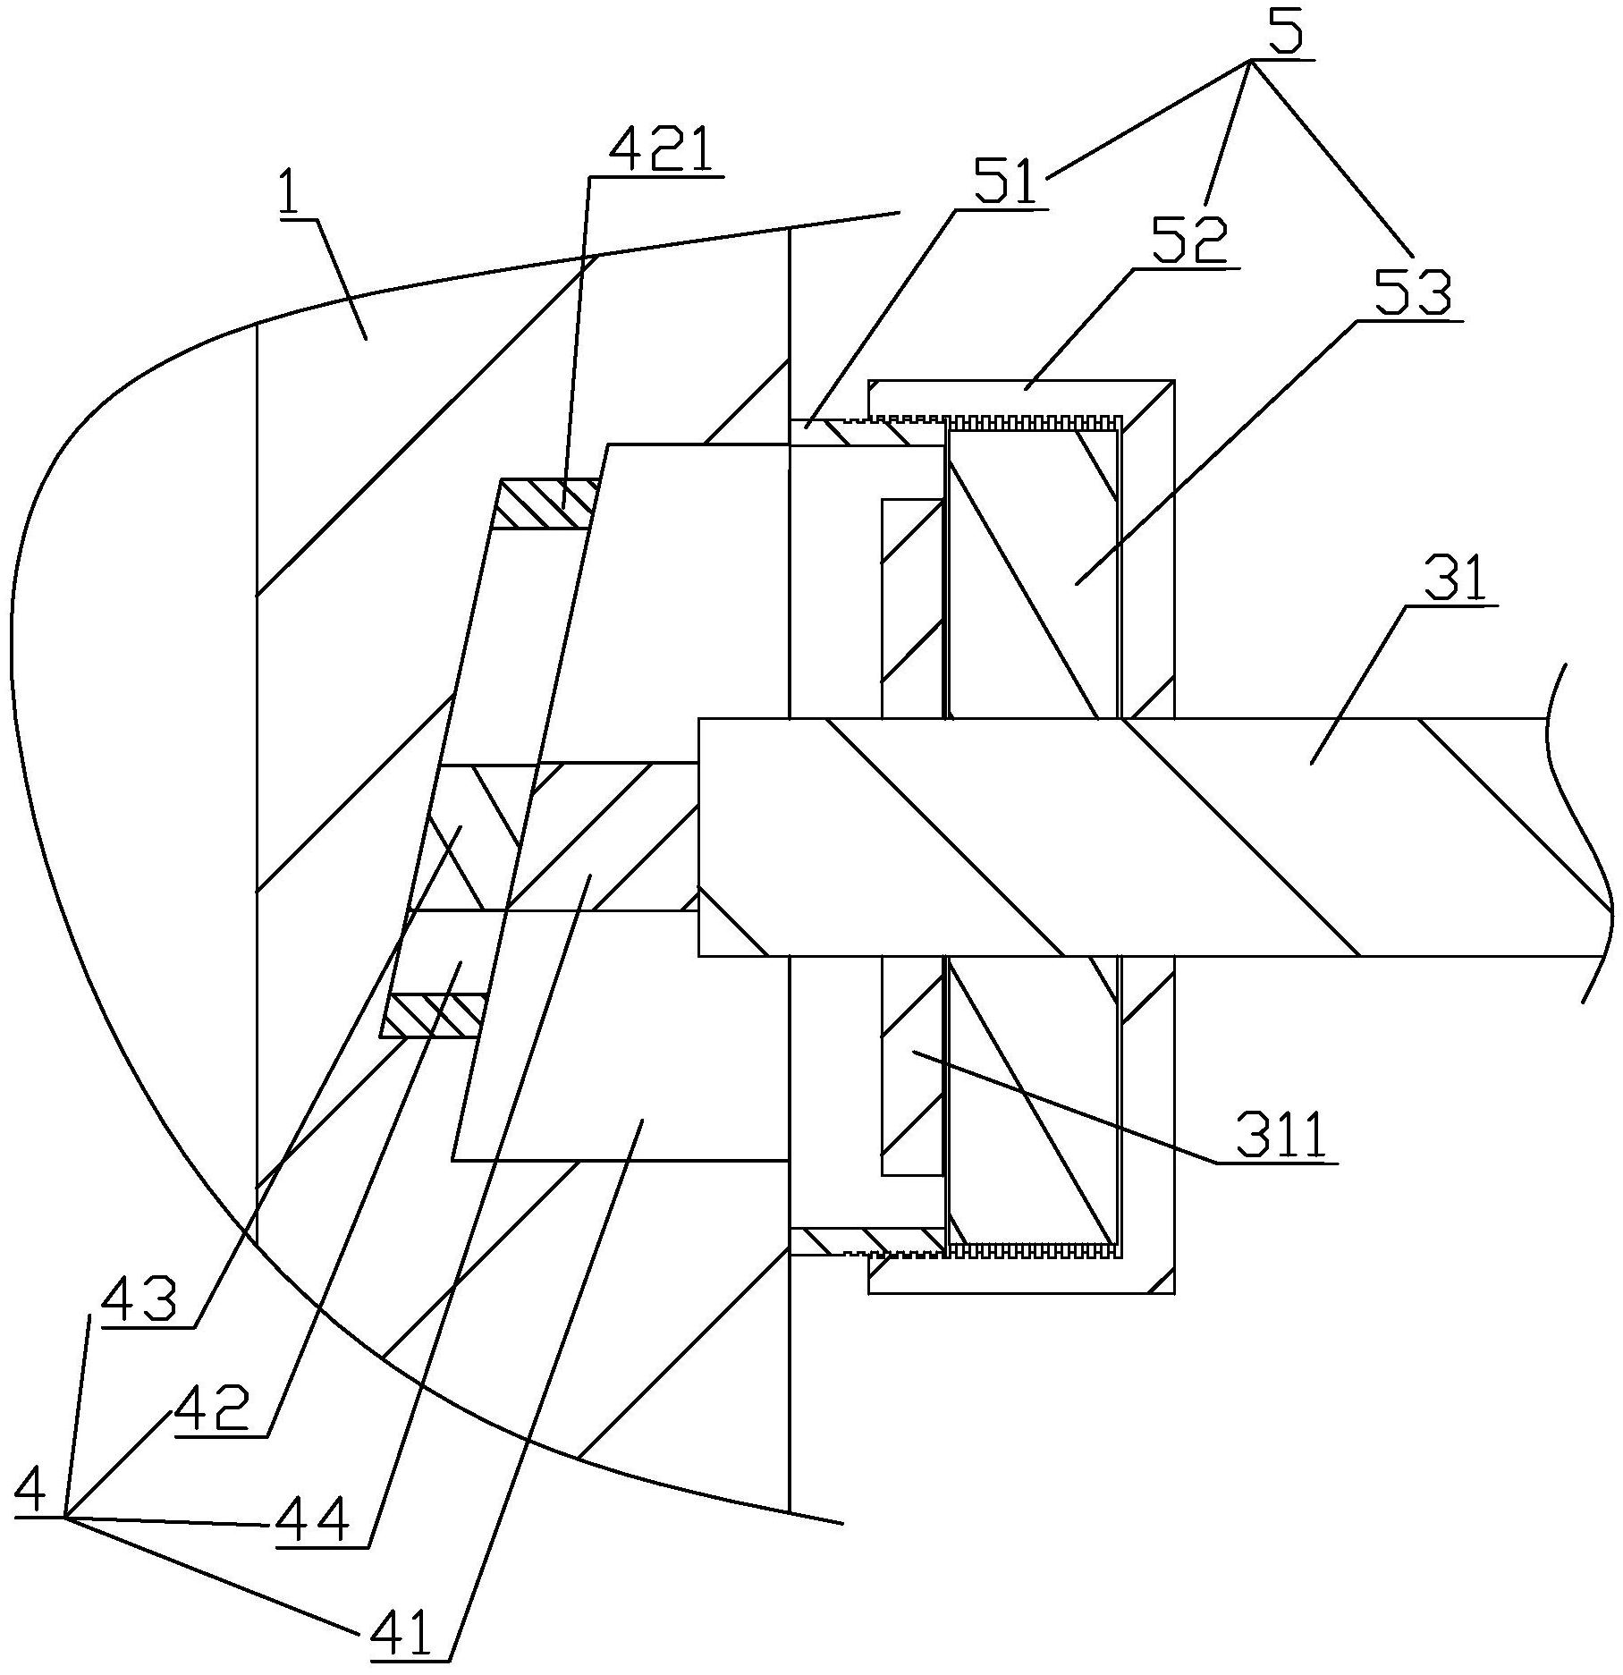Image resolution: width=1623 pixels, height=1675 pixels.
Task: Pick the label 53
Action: tap(1412, 292)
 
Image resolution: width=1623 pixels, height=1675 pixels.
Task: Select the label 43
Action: tap(139, 1302)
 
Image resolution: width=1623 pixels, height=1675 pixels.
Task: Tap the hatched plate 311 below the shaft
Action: tap(913, 1065)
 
